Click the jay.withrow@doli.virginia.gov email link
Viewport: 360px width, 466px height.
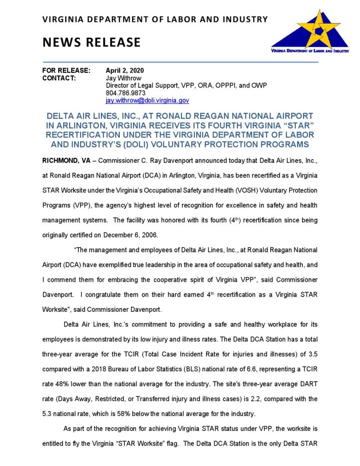(x=147, y=100)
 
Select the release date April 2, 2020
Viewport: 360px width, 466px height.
(x=124, y=71)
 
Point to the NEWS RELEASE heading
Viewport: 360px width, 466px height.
(x=91, y=42)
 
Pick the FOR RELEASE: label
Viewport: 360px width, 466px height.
(x=66, y=71)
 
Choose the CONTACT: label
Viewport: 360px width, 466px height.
(x=59, y=78)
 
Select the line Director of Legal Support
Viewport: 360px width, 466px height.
(x=186, y=86)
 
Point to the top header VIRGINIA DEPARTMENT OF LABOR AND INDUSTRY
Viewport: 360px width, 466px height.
(x=155, y=19)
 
